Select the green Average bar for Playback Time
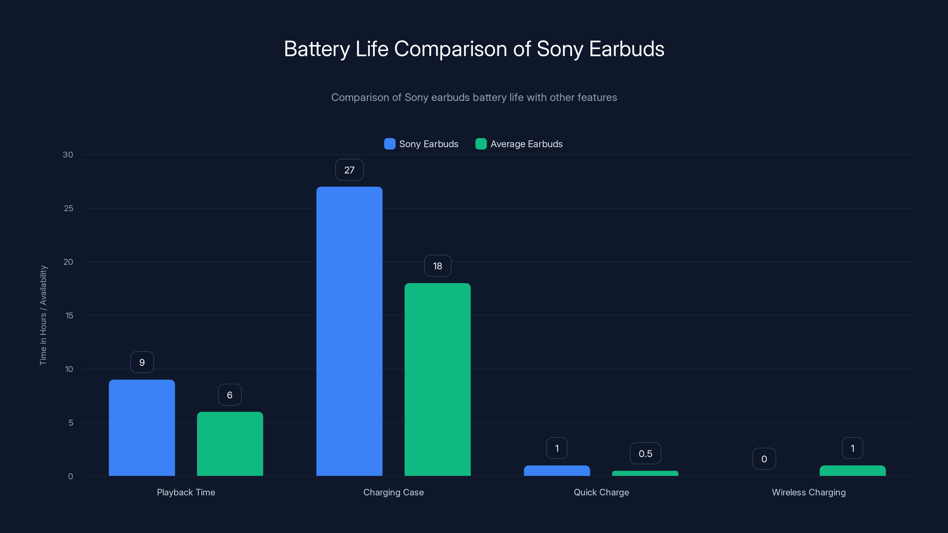[230, 444]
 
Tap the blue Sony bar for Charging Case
[349, 331]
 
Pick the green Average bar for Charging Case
[438, 379]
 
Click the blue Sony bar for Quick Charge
[557, 471]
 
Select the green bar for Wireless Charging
[852, 471]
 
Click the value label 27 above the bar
[349, 170]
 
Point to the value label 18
[438, 266]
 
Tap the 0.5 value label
[645, 454]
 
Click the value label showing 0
[764, 459]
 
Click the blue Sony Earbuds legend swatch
[389, 144]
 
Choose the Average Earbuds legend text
[526, 144]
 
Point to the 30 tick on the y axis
[68, 155]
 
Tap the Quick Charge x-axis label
[601, 492]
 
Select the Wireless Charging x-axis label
[808, 492]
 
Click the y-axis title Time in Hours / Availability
[43, 315]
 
